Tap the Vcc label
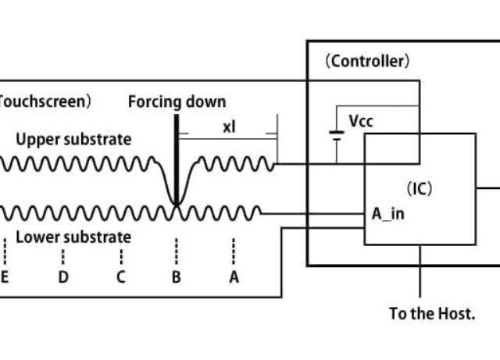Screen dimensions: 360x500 pos(360,121)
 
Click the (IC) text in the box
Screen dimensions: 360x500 pos(420,188)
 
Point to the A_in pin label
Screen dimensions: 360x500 pos(387,213)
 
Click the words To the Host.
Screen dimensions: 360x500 pos(432,314)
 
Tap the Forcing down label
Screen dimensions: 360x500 pos(177,102)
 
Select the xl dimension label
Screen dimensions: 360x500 pos(228,127)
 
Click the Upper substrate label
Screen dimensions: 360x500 pos(73,140)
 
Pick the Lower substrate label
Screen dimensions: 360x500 pos(73,237)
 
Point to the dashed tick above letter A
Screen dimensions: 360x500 pos(234,252)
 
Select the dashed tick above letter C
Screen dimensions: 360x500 pos(120,255)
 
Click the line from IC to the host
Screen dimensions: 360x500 pos(421,270)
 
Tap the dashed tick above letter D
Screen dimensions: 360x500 pos(63,255)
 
